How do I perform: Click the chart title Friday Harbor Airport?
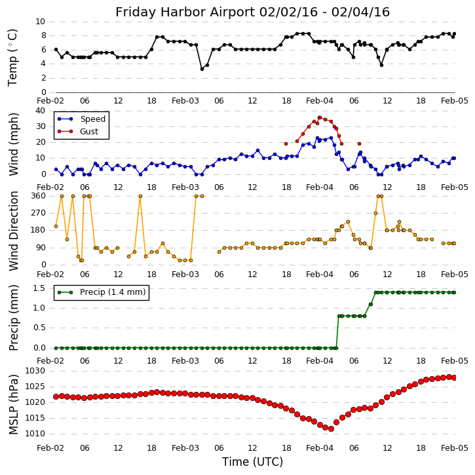[x=252, y=12]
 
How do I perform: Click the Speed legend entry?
[x=92, y=119]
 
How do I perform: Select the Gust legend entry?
[x=90, y=131]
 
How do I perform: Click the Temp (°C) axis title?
[x=13, y=57]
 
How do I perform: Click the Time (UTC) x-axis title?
[x=252, y=462]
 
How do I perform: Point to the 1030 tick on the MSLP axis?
[x=36, y=371]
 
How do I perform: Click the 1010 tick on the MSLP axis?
[x=36, y=434]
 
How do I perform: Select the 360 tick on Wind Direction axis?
[x=37, y=196]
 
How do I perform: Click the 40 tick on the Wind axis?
[x=40, y=111]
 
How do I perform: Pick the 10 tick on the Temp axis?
[x=40, y=22]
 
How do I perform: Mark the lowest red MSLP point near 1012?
[x=331, y=428]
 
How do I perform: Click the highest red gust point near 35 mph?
[x=320, y=118]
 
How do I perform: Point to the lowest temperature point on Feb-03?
[x=202, y=69]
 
